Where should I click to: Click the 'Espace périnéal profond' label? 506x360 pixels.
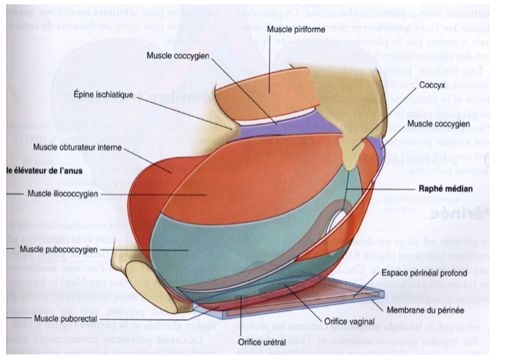[424, 272]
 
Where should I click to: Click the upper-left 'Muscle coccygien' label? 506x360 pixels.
[178, 55]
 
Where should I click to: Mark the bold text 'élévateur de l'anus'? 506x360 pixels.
[45, 171]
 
